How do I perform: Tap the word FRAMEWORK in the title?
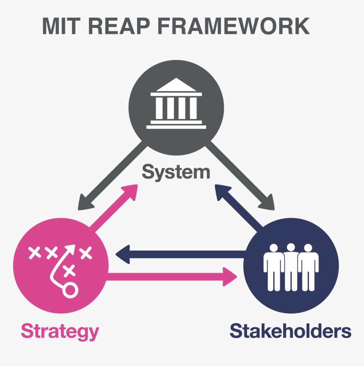[234, 26]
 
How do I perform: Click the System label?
[176, 172]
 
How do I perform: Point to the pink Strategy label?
[60, 331]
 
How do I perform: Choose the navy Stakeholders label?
[290, 331]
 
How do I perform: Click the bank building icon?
[176, 104]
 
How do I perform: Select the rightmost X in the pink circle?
[86, 253]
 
